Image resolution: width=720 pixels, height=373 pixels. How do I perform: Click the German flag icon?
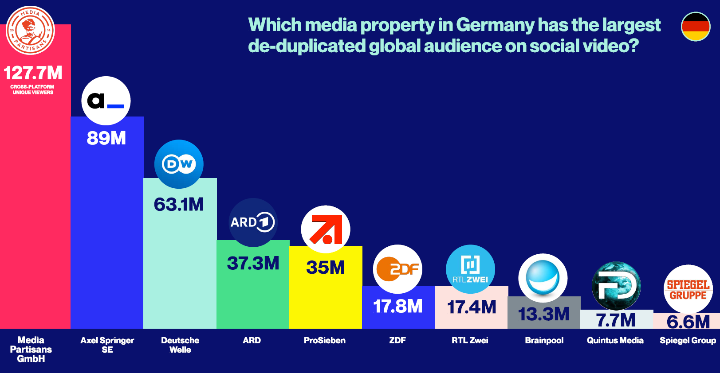[x=696, y=27]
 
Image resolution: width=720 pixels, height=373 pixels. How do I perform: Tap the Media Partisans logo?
[x=30, y=30]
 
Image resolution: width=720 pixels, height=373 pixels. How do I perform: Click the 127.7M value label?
[x=33, y=73]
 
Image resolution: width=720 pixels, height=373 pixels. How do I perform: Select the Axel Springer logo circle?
[x=106, y=101]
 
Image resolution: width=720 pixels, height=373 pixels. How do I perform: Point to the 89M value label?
[x=106, y=138]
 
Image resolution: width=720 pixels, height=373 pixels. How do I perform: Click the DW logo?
[x=179, y=164]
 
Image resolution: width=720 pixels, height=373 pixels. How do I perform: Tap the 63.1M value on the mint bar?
[x=179, y=205]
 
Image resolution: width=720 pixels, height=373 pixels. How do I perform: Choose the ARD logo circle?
[x=253, y=222]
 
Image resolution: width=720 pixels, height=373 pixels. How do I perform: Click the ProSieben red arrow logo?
[x=326, y=229]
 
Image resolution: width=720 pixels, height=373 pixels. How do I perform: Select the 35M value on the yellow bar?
[x=326, y=268]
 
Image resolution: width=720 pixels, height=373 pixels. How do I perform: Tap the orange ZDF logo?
[x=397, y=269]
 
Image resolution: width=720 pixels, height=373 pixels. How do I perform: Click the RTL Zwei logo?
[x=470, y=269]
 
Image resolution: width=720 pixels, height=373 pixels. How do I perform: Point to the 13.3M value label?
[x=544, y=314]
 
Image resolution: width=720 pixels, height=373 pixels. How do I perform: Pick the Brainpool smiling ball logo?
[x=543, y=278]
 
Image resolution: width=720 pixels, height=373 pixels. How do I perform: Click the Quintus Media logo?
[x=616, y=286]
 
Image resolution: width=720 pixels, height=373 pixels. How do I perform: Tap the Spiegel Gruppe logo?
[x=688, y=289]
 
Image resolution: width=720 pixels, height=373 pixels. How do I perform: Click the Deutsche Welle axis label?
[x=180, y=345]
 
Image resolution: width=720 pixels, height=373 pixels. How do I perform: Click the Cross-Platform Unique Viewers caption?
[x=33, y=89]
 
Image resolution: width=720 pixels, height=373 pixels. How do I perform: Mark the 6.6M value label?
[x=688, y=322]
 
